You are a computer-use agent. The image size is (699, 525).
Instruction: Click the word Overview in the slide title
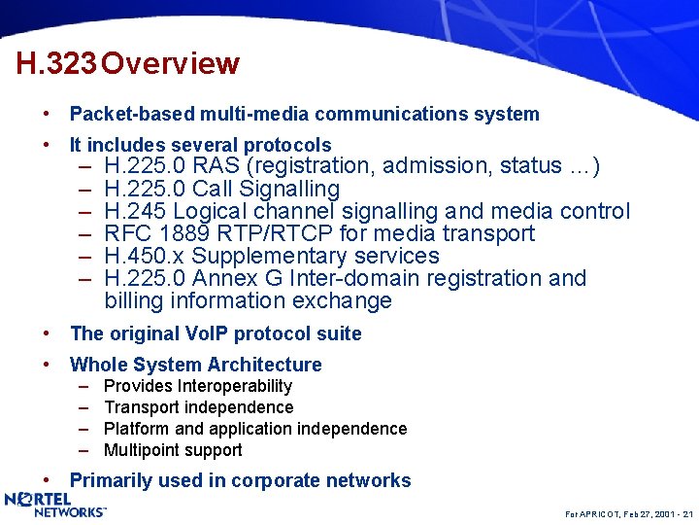coord(170,64)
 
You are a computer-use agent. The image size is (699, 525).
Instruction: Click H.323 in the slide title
coord(56,64)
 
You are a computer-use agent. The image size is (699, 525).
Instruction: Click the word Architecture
coord(263,365)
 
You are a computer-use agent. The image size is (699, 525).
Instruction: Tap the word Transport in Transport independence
coord(142,407)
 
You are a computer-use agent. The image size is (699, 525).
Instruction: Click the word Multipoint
coord(143,450)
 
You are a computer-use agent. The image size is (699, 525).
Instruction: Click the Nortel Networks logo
coord(55,505)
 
